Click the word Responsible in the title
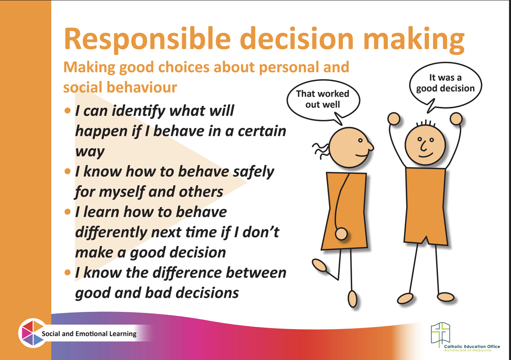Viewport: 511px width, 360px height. click(x=147, y=39)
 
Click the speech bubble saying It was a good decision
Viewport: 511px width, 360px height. click(x=445, y=87)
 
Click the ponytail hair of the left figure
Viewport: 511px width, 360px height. click(x=321, y=150)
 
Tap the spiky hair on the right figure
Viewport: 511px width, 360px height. click(x=426, y=123)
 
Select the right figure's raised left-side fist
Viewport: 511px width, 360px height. click(x=394, y=119)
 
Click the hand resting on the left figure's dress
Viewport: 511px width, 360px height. click(x=341, y=234)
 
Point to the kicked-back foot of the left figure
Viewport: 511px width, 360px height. click(x=319, y=266)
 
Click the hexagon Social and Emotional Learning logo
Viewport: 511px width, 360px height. click(x=33, y=333)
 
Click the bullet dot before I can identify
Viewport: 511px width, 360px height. click(x=68, y=111)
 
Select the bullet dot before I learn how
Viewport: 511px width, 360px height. click(x=68, y=212)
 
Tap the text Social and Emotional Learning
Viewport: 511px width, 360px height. click(x=89, y=334)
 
